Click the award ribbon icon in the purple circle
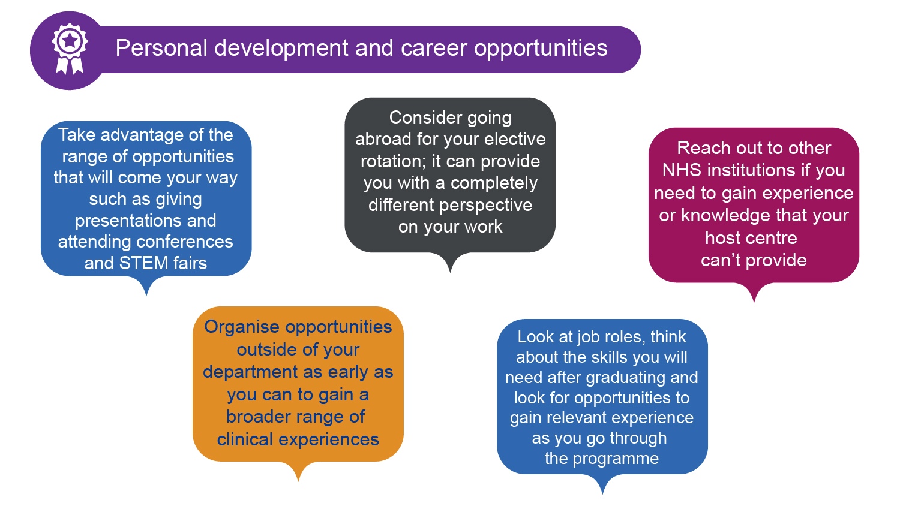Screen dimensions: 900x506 [70, 49]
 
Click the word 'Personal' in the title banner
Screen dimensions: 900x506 [161, 48]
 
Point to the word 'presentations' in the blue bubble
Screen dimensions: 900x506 [145, 221]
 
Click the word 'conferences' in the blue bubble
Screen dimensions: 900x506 [184, 242]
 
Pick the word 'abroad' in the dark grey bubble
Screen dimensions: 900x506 [383, 139]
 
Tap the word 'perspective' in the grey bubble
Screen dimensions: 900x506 [486, 206]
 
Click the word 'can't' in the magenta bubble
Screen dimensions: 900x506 [721, 261]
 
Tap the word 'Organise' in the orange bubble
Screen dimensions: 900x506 [242, 327]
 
